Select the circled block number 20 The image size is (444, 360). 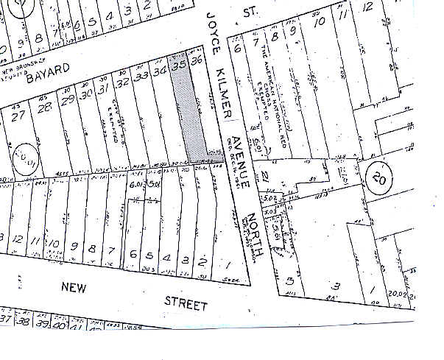(x=378, y=178)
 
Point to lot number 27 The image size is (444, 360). (x=19, y=115)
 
